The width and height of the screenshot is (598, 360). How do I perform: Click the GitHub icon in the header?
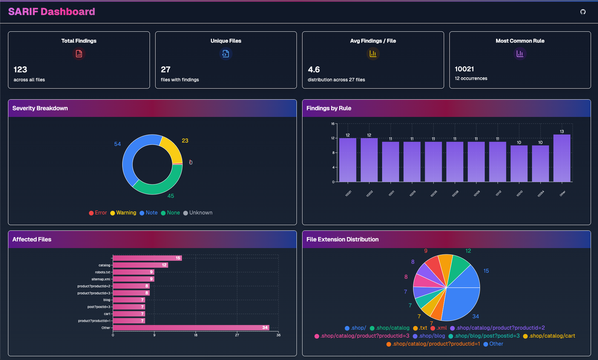[583, 12]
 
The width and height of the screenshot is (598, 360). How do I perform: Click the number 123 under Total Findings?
[20, 69]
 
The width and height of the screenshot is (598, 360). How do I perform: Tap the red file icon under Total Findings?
[79, 54]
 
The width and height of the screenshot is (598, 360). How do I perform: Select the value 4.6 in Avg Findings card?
[314, 69]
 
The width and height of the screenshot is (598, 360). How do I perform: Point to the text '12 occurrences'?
[471, 78]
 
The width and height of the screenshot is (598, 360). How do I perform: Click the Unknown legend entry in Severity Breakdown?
[198, 213]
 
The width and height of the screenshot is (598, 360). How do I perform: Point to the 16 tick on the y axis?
[333, 124]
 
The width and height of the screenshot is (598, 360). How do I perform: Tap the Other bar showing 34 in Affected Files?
[191, 328]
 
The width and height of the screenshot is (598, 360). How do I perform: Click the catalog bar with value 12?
[140, 265]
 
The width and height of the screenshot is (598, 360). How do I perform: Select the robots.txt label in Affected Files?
[102, 272]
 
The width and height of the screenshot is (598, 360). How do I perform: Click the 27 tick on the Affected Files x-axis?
[237, 335]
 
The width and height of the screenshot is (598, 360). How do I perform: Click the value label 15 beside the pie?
[486, 271]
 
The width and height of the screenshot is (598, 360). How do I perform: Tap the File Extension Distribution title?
[342, 239]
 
